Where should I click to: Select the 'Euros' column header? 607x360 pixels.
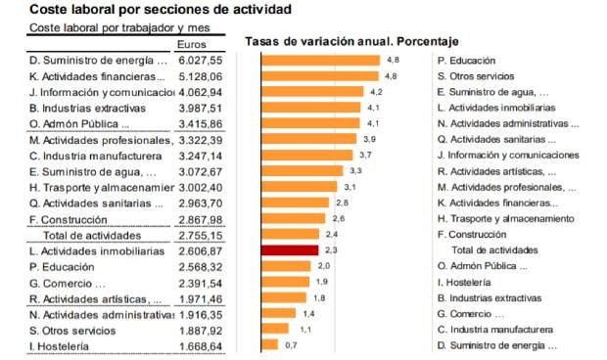click(x=193, y=44)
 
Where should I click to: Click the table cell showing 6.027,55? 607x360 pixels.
click(x=202, y=61)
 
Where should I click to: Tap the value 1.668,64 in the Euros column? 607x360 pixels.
click(x=202, y=345)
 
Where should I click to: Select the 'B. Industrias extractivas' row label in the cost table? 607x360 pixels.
click(x=87, y=108)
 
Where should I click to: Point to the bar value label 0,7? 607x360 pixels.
click(x=291, y=344)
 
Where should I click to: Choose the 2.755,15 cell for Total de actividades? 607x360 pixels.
click(x=202, y=235)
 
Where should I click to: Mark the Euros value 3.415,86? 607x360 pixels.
click(x=202, y=123)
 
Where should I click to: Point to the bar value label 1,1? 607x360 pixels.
click(x=303, y=329)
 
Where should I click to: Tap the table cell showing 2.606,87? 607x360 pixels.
click(x=202, y=250)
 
